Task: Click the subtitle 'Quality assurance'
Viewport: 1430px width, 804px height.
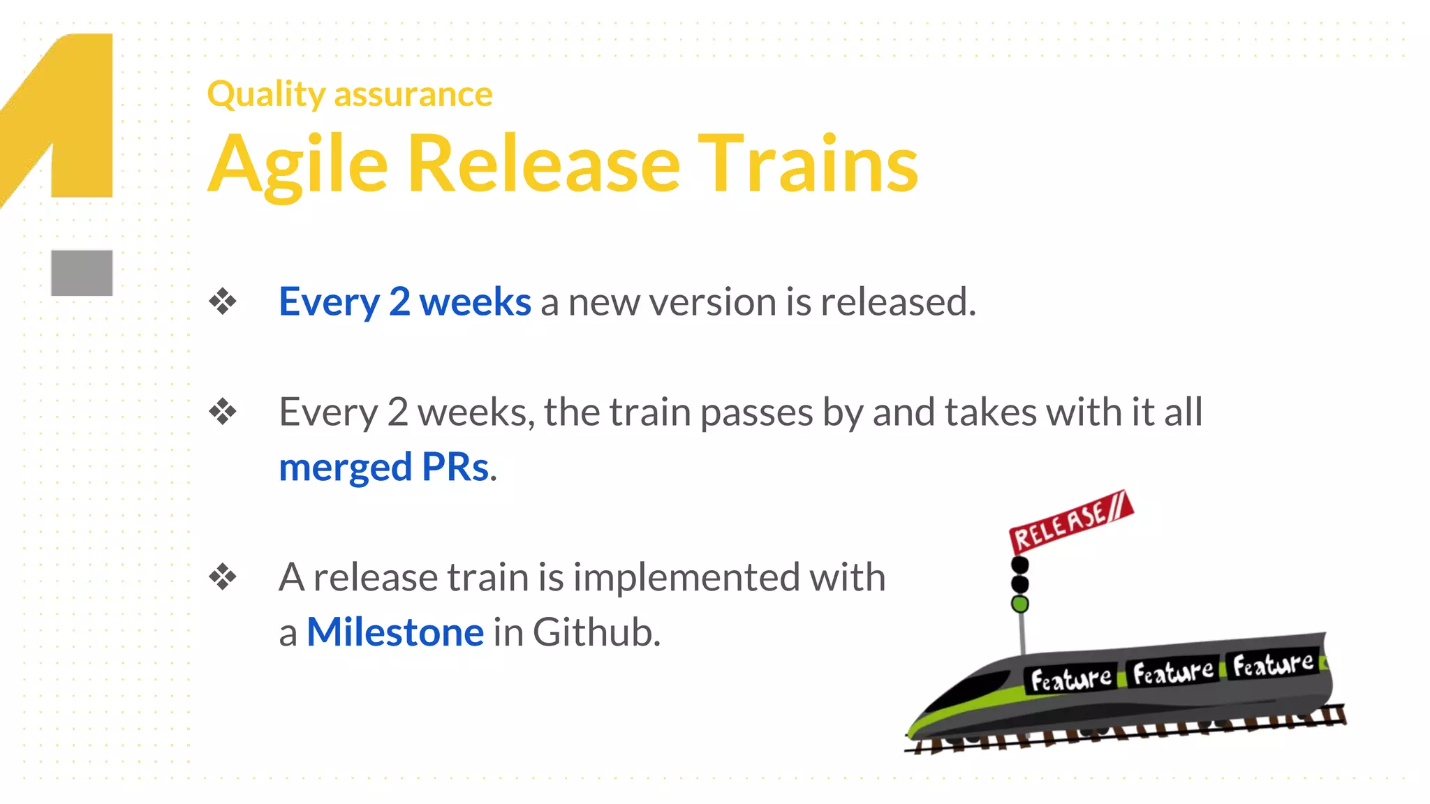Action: (349, 94)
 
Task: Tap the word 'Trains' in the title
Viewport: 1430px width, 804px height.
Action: (808, 165)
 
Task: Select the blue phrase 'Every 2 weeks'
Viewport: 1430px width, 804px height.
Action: (405, 302)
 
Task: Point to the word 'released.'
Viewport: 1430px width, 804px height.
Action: (898, 302)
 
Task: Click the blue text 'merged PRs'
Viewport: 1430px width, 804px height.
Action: (384, 467)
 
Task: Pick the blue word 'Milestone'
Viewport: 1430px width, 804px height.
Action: (395, 632)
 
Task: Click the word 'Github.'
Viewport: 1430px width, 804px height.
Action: (596, 632)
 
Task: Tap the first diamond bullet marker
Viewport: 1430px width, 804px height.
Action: (223, 301)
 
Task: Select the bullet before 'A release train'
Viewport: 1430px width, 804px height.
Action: (223, 577)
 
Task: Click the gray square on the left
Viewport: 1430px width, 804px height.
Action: (82, 273)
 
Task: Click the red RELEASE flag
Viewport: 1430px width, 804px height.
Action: (1070, 522)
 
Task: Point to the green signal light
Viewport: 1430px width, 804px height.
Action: (1020, 604)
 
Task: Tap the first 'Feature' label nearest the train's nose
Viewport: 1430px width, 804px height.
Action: (1070, 678)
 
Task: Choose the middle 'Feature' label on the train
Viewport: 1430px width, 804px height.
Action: (1172, 672)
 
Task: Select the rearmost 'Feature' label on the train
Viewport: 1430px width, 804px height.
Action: (1272, 664)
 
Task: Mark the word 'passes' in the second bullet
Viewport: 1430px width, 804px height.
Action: (756, 412)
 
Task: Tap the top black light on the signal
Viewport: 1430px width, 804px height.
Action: (1020, 564)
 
